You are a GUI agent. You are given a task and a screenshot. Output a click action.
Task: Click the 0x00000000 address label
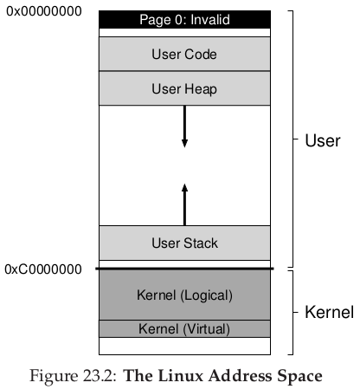click(x=44, y=11)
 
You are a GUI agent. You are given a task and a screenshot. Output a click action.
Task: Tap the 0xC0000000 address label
click(x=43, y=269)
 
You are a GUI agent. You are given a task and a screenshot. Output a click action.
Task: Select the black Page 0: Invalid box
click(x=184, y=20)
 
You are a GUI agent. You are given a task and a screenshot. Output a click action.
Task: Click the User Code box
click(x=184, y=54)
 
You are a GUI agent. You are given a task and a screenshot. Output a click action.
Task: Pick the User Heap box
click(x=184, y=88)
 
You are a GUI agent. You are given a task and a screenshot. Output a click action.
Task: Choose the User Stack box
click(x=184, y=243)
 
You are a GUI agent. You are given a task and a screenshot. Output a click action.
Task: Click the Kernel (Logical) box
click(x=184, y=295)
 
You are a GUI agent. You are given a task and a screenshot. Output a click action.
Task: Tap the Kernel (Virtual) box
click(x=184, y=328)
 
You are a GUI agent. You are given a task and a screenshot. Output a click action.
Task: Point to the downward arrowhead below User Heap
click(x=184, y=144)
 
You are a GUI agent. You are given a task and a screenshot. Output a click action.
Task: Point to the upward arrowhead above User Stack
click(x=184, y=188)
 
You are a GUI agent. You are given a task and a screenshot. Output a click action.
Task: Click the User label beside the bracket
click(x=323, y=140)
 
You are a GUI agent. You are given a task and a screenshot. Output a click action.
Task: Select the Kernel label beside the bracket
click(x=330, y=312)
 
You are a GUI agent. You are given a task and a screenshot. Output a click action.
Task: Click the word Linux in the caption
click(x=177, y=376)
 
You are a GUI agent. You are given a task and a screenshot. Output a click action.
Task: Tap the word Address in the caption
click(x=240, y=376)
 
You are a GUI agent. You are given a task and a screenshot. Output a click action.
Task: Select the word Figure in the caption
click(x=54, y=377)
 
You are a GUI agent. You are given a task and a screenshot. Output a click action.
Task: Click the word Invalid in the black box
click(x=210, y=20)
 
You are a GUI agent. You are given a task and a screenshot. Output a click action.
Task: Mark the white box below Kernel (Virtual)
click(x=184, y=346)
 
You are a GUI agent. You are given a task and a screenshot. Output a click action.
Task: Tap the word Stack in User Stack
click(x=201, y=243)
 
